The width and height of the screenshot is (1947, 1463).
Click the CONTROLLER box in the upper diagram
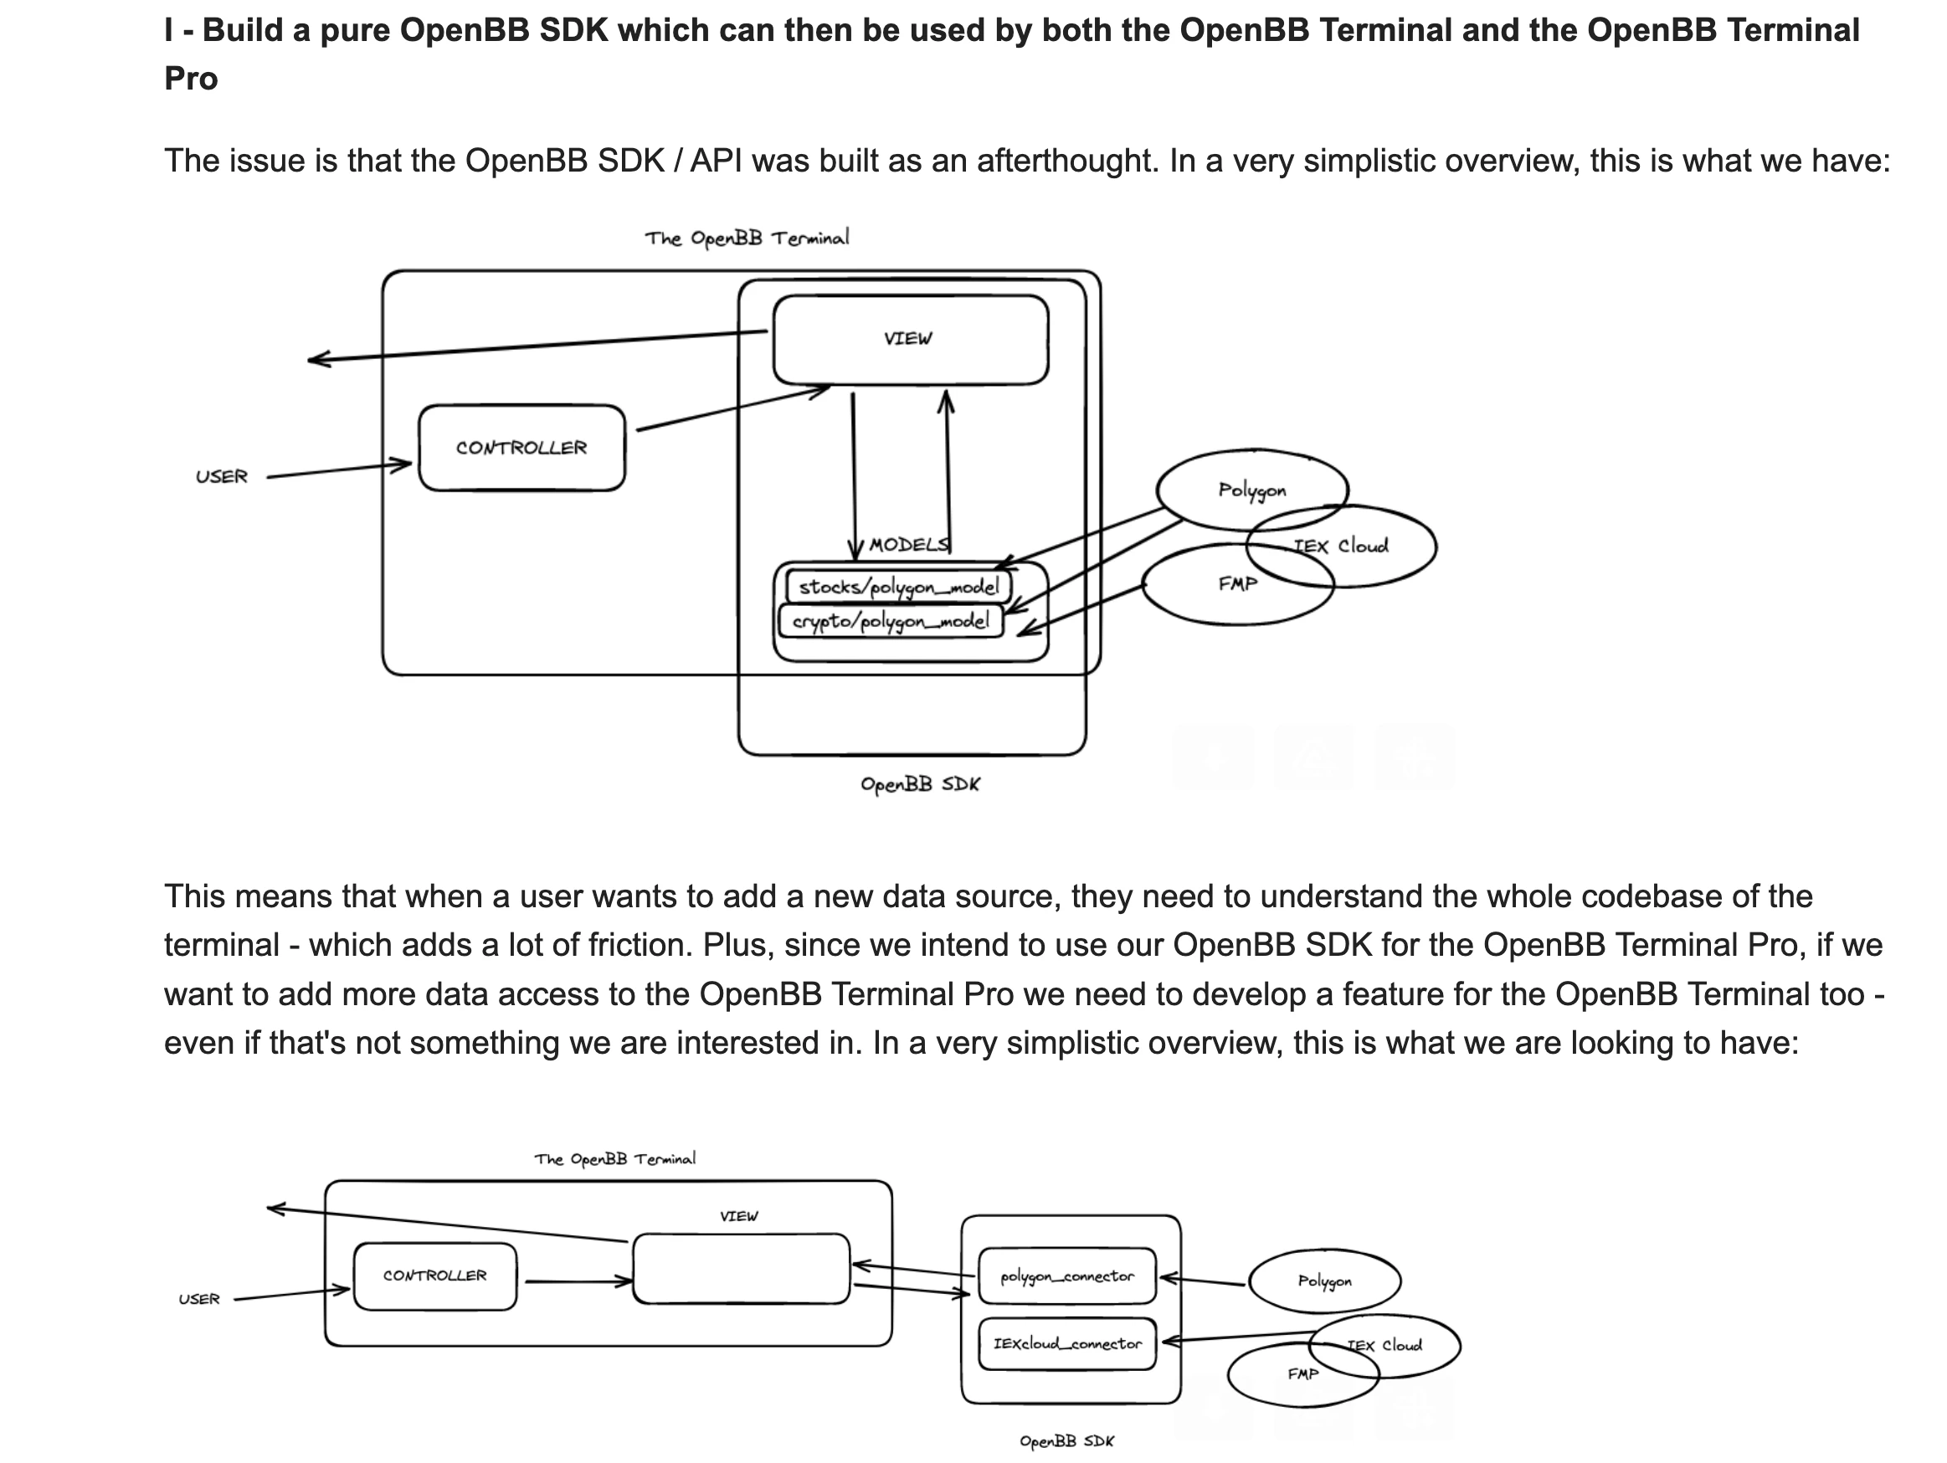pyautogui.click(x=521, y=447)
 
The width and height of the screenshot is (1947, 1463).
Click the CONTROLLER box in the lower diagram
pyautogui.click(x=434, y=1276)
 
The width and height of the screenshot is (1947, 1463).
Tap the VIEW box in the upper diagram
pyautogui.click(x=910, y=340)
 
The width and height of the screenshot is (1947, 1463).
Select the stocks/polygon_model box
pyautogui.click(x=898, y=586)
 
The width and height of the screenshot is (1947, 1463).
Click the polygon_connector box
pyautogui.click(x=1066, y=1276)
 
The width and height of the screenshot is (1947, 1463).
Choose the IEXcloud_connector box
pyautogui.click(x=1066, y=1343)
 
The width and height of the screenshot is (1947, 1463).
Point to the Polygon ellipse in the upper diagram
pyautogui.click(x=1251, y=490)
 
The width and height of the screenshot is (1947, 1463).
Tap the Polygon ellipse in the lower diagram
pyautogui.click(x=1324, y=1281)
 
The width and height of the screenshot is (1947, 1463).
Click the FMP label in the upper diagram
pyautogui.click(x=1237, y=583)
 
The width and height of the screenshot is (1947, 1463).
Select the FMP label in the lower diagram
pyautogui.click(x=1302, y=1374)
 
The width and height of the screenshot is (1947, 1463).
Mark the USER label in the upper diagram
pyautogui.click(x=222, y=476)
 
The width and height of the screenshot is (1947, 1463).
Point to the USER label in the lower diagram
pyautogui.click(x=199, y=1299)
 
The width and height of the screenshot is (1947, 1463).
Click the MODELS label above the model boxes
pyautogui.click(x=908, y=545)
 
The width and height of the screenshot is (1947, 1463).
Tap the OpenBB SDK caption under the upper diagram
pyautogui.click(x=920, y=784)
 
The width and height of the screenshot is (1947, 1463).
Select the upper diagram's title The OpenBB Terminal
pyautogui.click(x=747, y=239)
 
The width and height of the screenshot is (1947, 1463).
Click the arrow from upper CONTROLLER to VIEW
pyautogui.click(x=731, y=408)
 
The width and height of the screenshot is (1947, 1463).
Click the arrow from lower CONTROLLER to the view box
pyautogui.click(x=577, y=1281)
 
